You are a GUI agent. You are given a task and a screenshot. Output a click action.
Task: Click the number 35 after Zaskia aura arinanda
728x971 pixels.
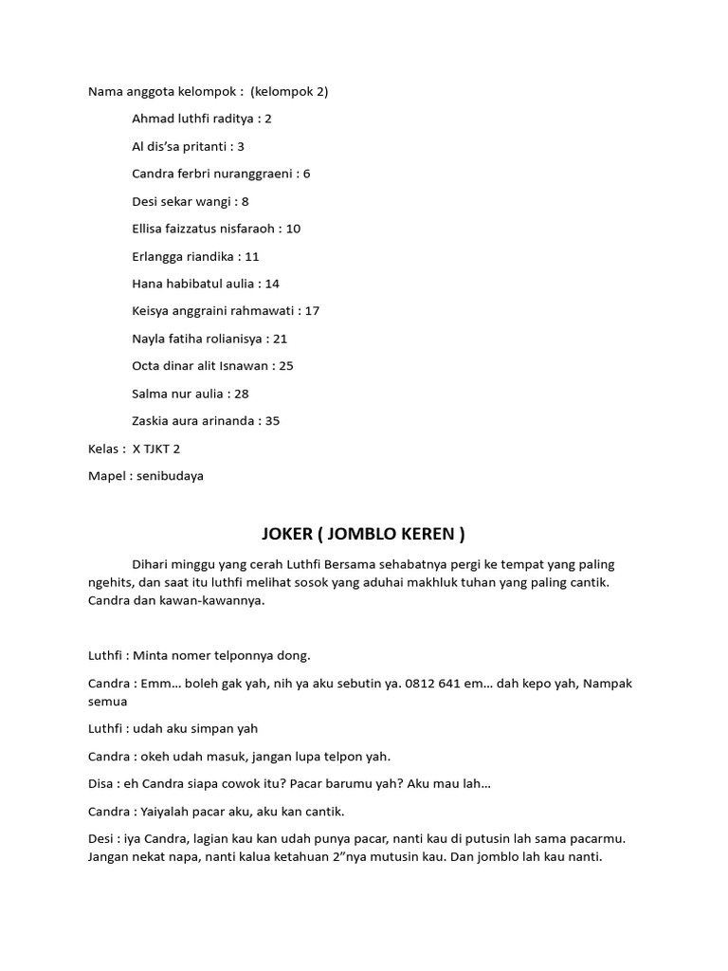point(272,421)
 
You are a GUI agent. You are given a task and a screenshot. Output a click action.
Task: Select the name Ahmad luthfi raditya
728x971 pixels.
point(192,119)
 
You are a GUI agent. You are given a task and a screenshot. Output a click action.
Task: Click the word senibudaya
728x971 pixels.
point(170,476)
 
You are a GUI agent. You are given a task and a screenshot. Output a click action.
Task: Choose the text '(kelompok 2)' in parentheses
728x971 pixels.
point(290,92)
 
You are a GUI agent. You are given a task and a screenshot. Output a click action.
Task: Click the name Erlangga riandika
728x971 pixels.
point(183,256)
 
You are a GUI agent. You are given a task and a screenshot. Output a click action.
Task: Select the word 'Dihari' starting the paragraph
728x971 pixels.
point(153,564)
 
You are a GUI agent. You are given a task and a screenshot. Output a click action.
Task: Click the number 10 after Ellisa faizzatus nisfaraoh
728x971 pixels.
point(293,229)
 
